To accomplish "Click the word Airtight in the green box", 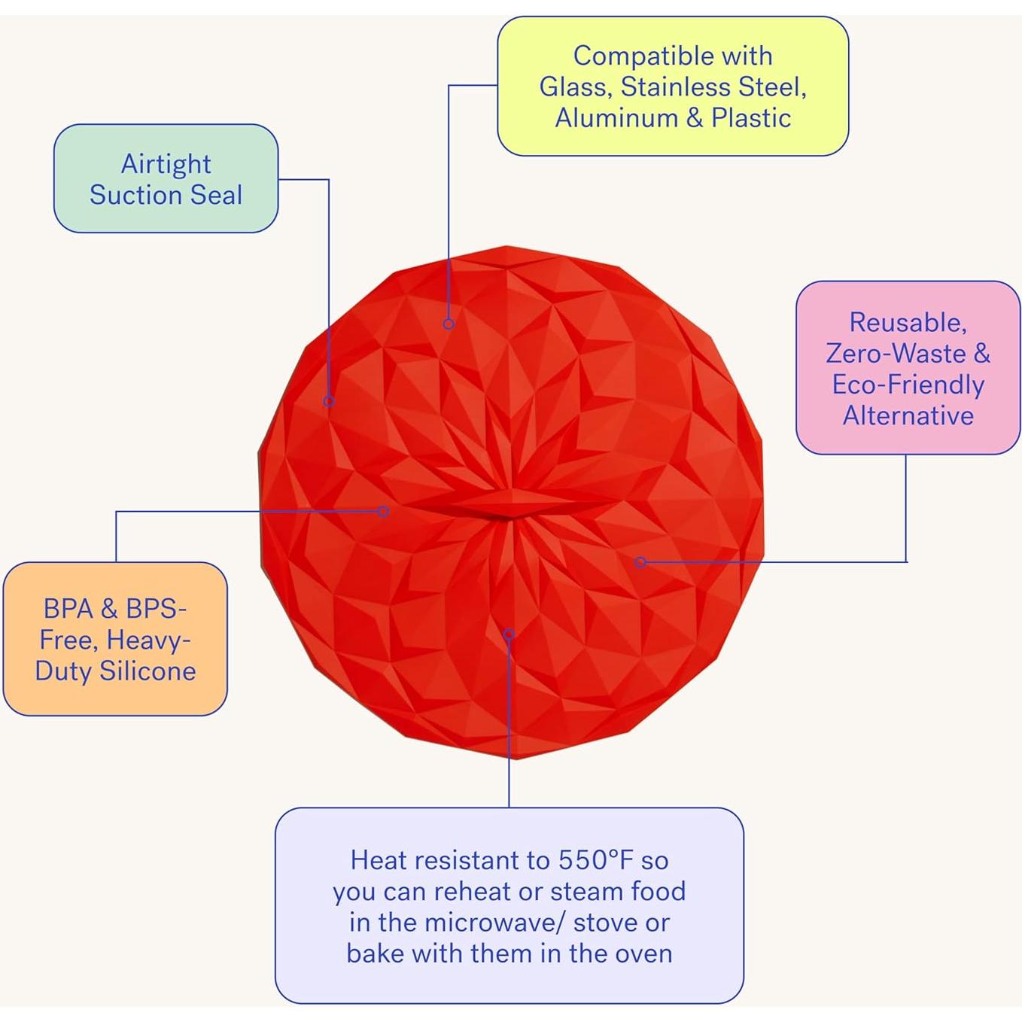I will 166,164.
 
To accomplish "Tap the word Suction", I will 137,195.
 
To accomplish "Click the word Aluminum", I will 616,118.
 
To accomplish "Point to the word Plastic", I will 751,118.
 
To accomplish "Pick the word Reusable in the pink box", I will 907,322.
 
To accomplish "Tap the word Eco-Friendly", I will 908,385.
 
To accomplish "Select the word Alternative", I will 908,415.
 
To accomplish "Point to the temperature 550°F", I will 596,859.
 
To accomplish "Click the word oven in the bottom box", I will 643,954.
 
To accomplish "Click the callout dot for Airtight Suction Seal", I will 329,401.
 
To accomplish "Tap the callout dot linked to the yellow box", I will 449,324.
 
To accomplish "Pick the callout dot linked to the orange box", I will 383,512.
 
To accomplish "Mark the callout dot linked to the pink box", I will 640,561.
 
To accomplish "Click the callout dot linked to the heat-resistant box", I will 509,634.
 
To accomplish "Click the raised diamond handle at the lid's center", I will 512,504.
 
